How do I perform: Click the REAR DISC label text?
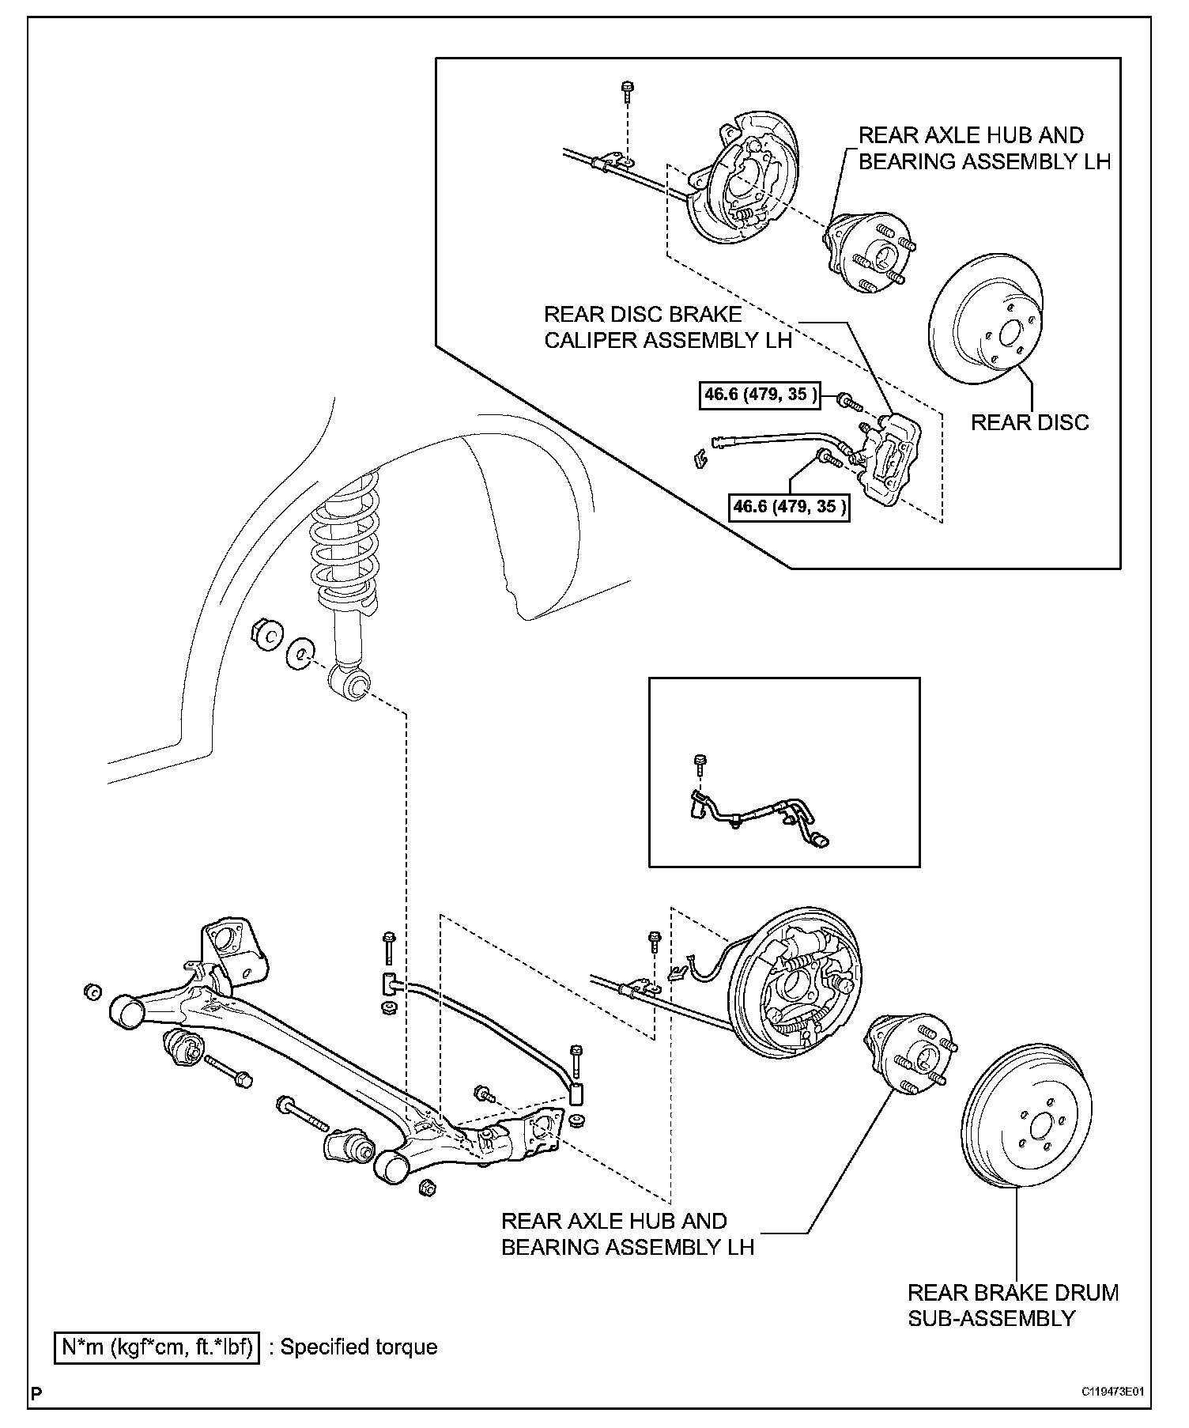[x=1029, y=422]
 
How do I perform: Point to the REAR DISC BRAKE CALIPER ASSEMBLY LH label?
[x=667, y=327]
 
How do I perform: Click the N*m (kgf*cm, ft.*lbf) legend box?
[x=157, y=1347]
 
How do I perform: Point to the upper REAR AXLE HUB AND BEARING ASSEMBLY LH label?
[x=984, y=148]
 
